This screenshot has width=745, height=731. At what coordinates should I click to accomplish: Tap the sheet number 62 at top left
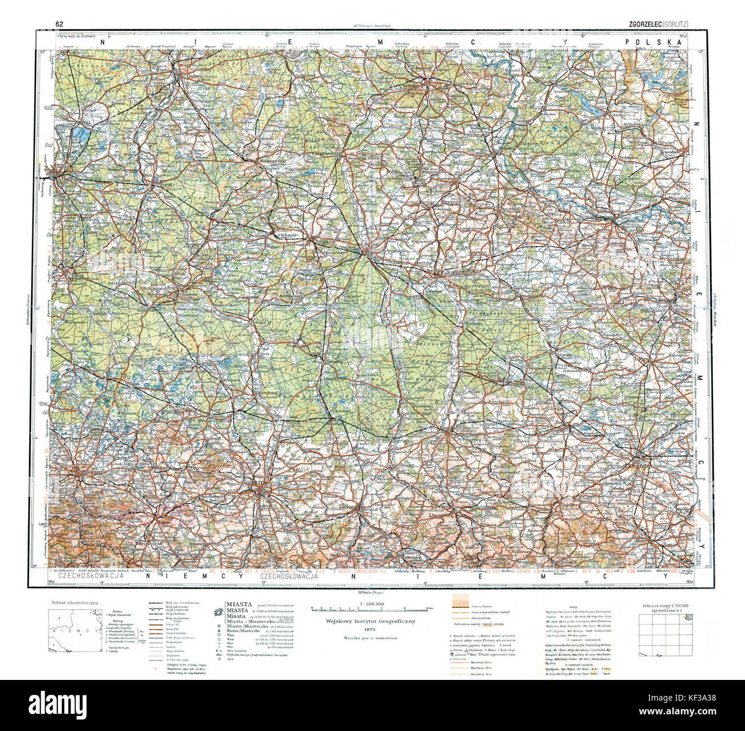59,24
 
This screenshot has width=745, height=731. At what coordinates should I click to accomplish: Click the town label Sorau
321,242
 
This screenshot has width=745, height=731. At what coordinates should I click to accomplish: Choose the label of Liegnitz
640,466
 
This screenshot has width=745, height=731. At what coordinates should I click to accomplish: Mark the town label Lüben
640,360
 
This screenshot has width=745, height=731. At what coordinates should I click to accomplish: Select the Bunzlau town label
448,427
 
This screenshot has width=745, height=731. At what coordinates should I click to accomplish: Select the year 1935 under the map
372,629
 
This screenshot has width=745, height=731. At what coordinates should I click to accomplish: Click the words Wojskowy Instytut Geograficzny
372,621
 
